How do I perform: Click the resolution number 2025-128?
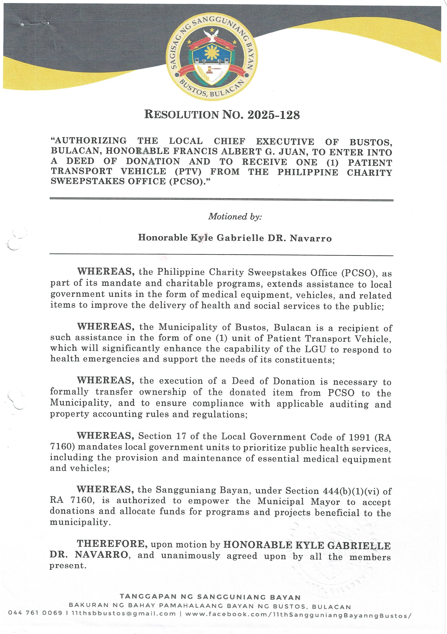click(x=273, y=115)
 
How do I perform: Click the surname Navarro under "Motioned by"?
click(x=311, y=238)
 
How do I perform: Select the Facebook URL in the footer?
click(x=298, y=614)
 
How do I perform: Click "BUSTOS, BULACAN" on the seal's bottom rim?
click(x=212, y=89)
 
